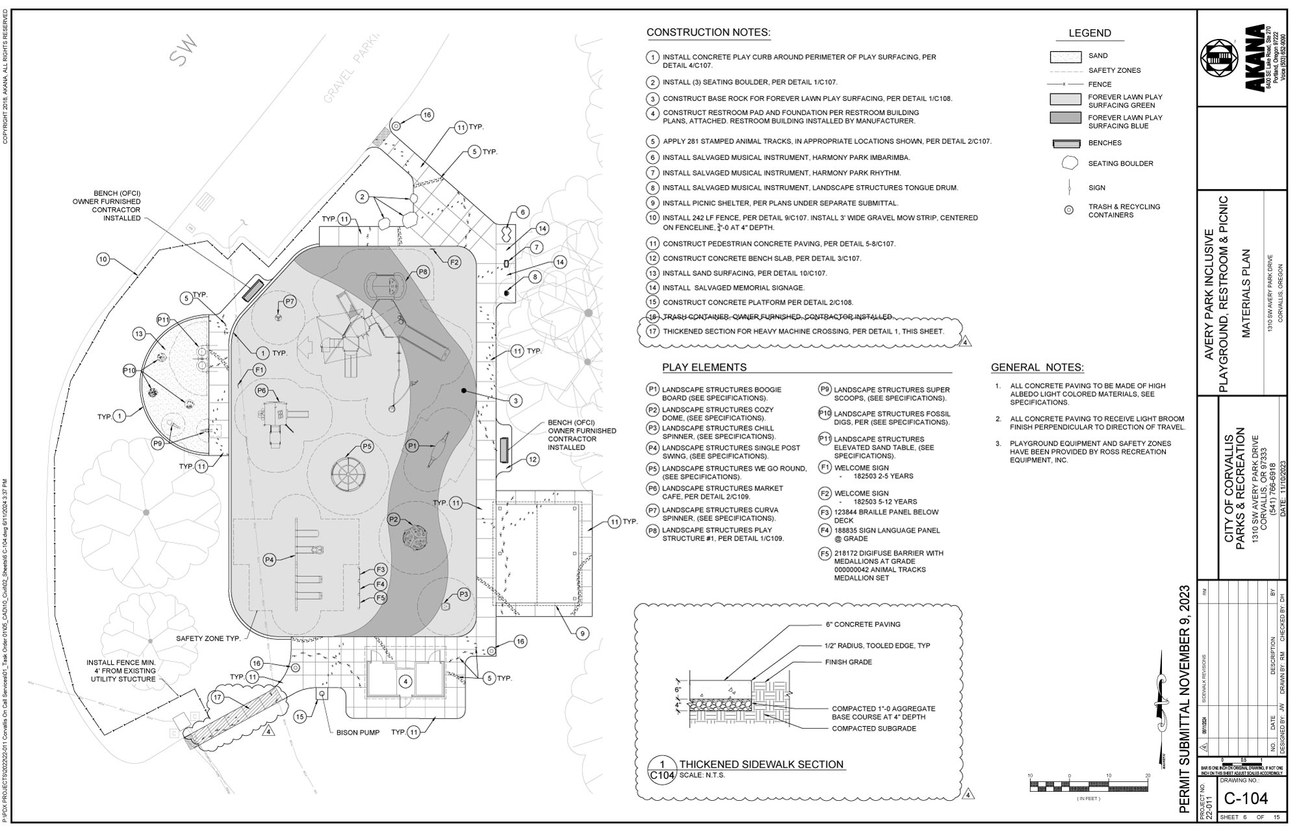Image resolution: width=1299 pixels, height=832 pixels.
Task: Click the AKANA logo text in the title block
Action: point(1255,58)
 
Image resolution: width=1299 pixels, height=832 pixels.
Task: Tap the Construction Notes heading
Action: point(708,32)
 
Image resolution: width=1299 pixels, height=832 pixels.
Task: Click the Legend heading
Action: point(1090,33)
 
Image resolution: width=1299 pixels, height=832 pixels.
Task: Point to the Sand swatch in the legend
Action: point(1065,57)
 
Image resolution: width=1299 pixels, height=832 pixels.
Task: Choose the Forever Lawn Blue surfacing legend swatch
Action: point(1065,118)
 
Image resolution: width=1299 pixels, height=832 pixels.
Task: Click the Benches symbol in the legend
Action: point(1065,144)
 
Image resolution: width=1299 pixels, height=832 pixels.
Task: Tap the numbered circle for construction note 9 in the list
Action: point(653,203)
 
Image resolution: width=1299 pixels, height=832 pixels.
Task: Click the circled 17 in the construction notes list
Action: point(653,331)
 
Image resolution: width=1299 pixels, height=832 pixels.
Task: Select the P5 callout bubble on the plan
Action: point(367,447)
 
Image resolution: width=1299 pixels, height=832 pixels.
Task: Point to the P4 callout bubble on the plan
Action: point(270,560)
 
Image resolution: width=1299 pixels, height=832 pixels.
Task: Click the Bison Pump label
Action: point(358,733)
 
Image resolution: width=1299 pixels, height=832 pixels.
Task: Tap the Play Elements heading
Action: point(704,368)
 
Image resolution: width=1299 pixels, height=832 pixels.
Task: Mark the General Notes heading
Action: point(1037,368)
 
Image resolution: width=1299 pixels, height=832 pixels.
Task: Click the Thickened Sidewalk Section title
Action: point(761,764)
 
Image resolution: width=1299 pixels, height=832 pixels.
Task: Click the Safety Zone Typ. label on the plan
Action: point(208,639)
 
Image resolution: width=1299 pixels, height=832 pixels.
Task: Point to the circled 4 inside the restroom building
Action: point(405,681)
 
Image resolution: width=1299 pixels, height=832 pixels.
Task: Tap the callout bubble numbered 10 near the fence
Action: point(103,260)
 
